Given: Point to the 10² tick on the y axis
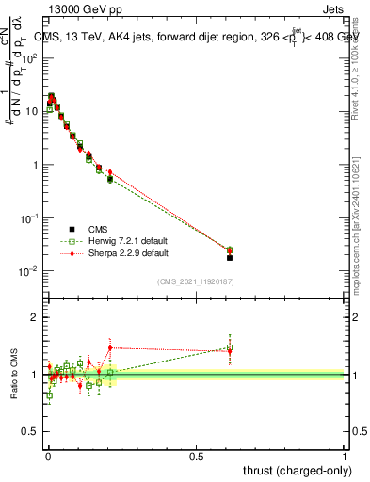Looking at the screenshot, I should (32, 57).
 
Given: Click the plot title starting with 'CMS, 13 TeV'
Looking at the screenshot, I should (194, 37).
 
